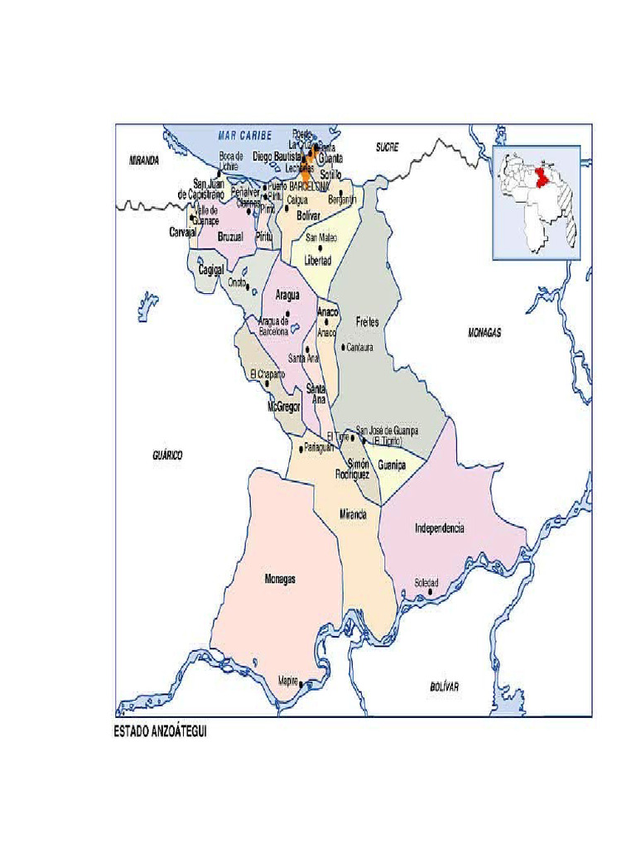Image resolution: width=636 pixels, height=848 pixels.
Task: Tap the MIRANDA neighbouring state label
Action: pyautogui.click(x=143, y=161)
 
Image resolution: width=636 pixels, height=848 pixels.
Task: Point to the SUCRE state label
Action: pyautogui.click(x=387, y=147)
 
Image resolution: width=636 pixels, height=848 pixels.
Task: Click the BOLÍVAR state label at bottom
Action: pyautogui.click(x=444, y=687)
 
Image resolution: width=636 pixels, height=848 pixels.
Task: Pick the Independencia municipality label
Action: pyautogui.click(x=439, y=528)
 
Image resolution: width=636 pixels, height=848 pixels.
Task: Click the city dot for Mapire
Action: pyautogui.click(x=301, y=684)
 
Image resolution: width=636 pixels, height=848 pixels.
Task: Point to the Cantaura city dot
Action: pyautogui.click(x=343, y=347)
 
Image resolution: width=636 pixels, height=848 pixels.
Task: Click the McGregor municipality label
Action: pyautogui.click(x=282, y=407)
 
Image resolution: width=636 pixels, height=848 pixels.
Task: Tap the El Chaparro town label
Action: pyautogui.click(x=267, y=374)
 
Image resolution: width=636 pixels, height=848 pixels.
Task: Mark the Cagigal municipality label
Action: pyautogui.click(x=212, y=269)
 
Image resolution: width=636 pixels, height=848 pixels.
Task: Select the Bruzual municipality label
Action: pyautogui.click(x=231, y=237)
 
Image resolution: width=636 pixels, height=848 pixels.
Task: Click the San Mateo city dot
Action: pyautogui.click(x=319, y=248)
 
